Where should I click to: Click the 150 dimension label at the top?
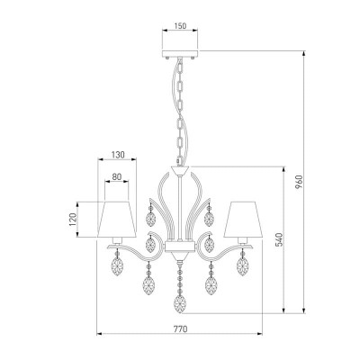[x=180, y=26]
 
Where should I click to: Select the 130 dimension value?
[x=118, y=155]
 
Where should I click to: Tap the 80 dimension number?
[x=117, y=177]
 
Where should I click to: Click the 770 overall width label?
[x=181, y=328]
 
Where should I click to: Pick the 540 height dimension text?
[x=279, y=239]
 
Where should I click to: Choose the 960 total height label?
[x=299, y=182]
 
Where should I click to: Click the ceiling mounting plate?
[x=180, y=54]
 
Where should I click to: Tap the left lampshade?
[x=117, y=220]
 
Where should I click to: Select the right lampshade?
[x=243, y=220]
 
